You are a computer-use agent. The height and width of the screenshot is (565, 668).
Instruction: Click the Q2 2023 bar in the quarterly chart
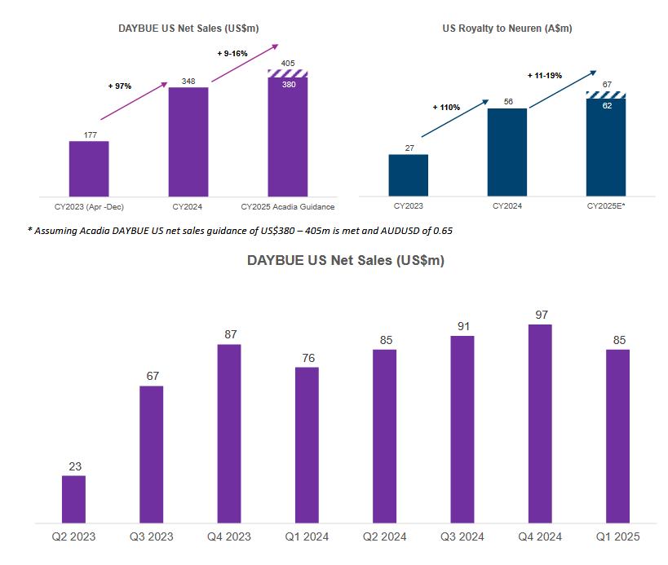(x=73, y=498)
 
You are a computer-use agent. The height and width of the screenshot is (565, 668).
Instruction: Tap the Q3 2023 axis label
(x=151, y=536)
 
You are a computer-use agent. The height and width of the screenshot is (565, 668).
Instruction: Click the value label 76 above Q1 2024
(x=307, y=358)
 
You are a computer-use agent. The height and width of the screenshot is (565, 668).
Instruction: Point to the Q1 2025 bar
(x=617, y=435)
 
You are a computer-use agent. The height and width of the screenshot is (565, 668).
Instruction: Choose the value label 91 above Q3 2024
(x=462, y=326)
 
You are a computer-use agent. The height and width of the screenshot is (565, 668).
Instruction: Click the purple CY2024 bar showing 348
(x=188, y=140)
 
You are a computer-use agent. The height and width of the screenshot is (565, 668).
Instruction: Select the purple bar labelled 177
(x=89, y=168)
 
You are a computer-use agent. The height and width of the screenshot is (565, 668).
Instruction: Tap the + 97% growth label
(x=120, y=85)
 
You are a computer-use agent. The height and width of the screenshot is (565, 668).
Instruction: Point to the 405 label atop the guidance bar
(x=288, y=63)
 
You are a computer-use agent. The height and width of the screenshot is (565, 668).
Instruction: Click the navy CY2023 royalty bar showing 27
(x=408, y=174)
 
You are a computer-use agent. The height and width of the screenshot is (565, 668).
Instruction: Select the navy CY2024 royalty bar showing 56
(x=507, y=152)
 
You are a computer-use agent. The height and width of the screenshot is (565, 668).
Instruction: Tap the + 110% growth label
(x=446, y=107)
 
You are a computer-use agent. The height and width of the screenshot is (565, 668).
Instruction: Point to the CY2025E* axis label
(x=605, y=206)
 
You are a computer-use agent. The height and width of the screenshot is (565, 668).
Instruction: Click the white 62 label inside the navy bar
(x=606, y=105)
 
